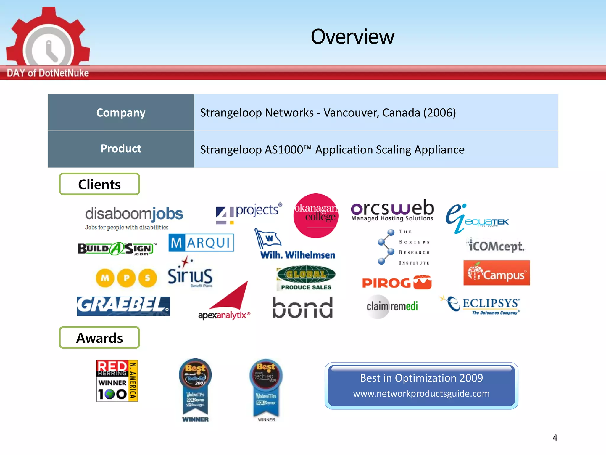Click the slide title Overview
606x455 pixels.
[x=352, y=37]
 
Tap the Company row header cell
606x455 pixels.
[x=121, y=113]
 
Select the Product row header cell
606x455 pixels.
[x=121, y=149]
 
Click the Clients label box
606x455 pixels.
[x=99, y=184]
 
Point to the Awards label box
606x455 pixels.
[x=99, y=338]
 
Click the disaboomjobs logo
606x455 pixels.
[x=134, y=218]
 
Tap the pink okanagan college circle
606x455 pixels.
[x=316, y=216]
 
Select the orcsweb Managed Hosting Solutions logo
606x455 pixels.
[x=392, y=211]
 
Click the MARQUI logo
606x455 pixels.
[x=201, y=243]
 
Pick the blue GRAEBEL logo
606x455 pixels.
[x=123, y=306]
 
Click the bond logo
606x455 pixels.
[x=302, y=308]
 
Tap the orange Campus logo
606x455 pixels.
[x=497, y=273]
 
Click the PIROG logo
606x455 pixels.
[x=397, y=283]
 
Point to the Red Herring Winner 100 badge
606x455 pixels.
[x=117, y=381]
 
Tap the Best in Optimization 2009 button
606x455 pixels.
[x=421, y=386]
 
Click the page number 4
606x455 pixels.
[x=555, y=438]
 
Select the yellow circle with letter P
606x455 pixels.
[x=126, y=278]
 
